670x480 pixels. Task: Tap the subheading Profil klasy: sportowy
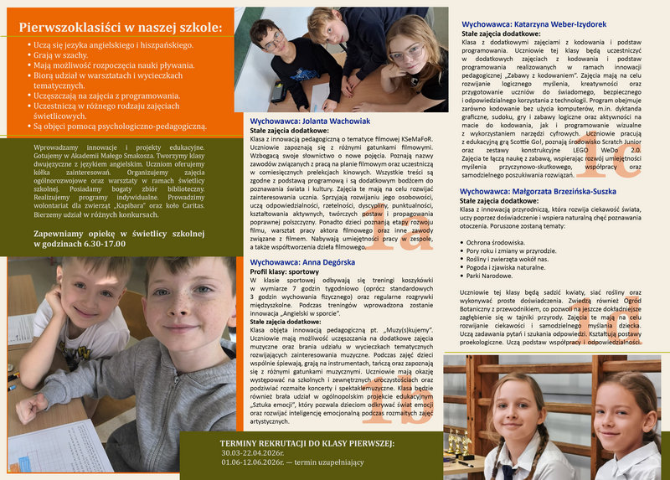click(285, 272)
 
